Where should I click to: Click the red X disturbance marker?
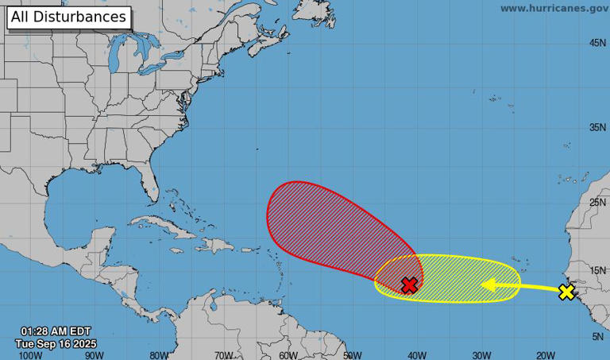pyautogui.click(x=409, y=285)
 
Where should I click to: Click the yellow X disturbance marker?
pyautogui.click(x=566, y=292)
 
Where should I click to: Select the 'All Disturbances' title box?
pyautogui.click(x=68, y=17)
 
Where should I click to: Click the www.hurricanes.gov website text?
pyautogui.click(x=554, y=8)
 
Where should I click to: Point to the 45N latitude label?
pyautogui.click(x=598, y=43)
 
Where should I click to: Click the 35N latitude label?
pyautogui.click(x=598, y=127)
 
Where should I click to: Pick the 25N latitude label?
pyautogui.click(x=598, y=203)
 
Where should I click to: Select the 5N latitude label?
pyautogui.click(x=598, y=337)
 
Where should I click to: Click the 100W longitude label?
pyautogui.click(x=30, y=355)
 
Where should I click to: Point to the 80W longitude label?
pyautogui.click(x=159, y=355)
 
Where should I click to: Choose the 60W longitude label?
pyautogui.click(x=288, y=355)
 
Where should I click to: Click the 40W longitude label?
pyautogui.click(x=416, y=355)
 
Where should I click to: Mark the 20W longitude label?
pyautogui.click(x=545, y=355)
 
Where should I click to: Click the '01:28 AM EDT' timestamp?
pyautogui.click(x=56, y=331)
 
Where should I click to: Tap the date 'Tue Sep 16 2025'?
pyautogui.click(x=56, y=343)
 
